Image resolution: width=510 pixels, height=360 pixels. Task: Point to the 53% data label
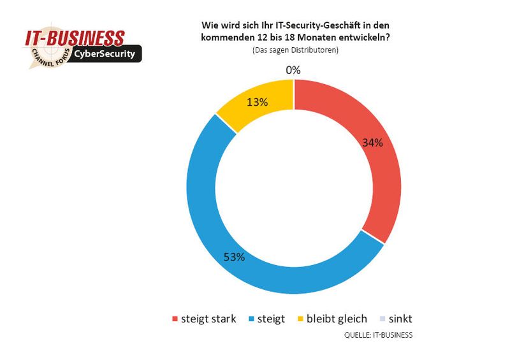tap(234, 257)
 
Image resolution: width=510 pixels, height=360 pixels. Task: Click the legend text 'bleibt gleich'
tap(337, 318)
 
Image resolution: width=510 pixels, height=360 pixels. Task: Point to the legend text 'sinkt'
tap(406, 318)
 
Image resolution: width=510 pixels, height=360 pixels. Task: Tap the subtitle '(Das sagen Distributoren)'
tap(293, 50)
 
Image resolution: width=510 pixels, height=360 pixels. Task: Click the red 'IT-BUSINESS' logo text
tap(75, 37)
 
